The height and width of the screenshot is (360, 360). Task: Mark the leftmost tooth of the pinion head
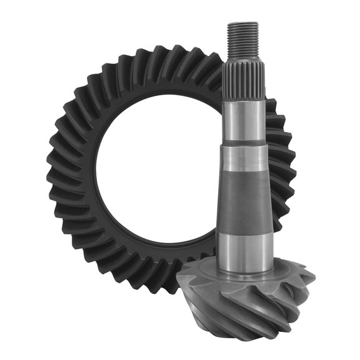click(182, 283)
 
